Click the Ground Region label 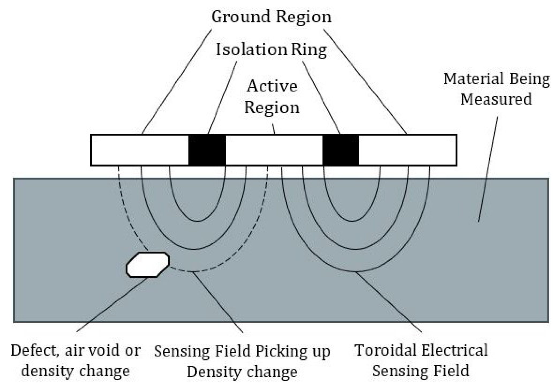tap(271, 17)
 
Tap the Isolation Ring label tap(271, 50)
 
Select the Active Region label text tap(272, 97)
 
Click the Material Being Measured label tap(497, 89)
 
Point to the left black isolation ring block tap(207, 150)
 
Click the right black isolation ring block tap(340, 150)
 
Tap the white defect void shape tap(147, 264)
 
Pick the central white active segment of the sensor tap(274, 150)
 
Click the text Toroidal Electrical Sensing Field tap(421, 360)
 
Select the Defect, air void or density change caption tap(75, 360)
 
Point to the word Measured tap(496, 99)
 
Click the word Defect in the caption tap(35, 350)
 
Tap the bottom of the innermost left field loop tap(198, 221)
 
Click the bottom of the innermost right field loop tap(352, 221)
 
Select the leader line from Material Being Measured tap(488, 168)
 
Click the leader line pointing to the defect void tap(112, 304)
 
